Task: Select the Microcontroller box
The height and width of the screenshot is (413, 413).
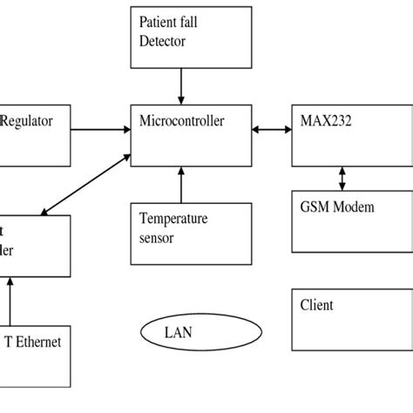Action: pos(181,134)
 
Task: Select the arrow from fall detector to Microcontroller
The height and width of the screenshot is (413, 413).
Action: pos(181,85)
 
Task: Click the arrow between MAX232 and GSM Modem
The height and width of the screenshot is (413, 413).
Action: pos(342,179)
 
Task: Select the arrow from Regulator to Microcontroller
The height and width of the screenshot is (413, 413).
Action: pos(99,131)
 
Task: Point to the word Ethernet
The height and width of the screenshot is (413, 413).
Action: pos(40,342)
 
